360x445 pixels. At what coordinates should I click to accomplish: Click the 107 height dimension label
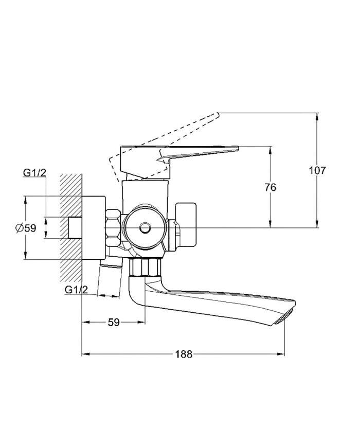click(317, 171)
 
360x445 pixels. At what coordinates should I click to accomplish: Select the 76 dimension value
click(270, 187)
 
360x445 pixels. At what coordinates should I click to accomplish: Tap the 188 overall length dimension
click(184, 354)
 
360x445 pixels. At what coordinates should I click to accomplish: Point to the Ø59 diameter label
click(26, 228)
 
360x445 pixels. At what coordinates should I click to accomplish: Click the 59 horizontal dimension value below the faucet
click(114, 322)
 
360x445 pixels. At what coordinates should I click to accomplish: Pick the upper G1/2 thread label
click(34, 172)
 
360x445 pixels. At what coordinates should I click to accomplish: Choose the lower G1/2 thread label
click(76, 290)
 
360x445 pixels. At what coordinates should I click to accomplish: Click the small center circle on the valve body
click(146, 227)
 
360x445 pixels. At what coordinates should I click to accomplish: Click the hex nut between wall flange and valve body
click(113, 227)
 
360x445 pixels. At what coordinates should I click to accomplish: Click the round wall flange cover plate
click(94, 227)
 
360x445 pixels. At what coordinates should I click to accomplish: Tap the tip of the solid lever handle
click(238, 148)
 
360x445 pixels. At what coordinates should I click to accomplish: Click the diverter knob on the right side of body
click(186, 224)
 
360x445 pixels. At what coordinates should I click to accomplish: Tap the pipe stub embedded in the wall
click(76, 227)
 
